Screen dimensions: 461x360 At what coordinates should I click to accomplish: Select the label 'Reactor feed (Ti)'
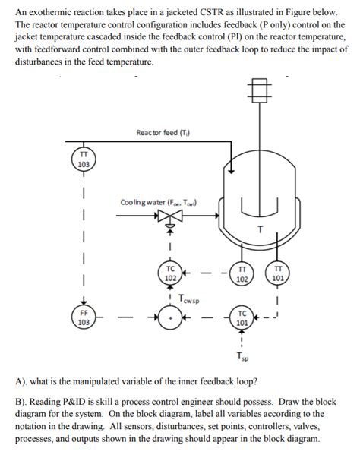[163, 134]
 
